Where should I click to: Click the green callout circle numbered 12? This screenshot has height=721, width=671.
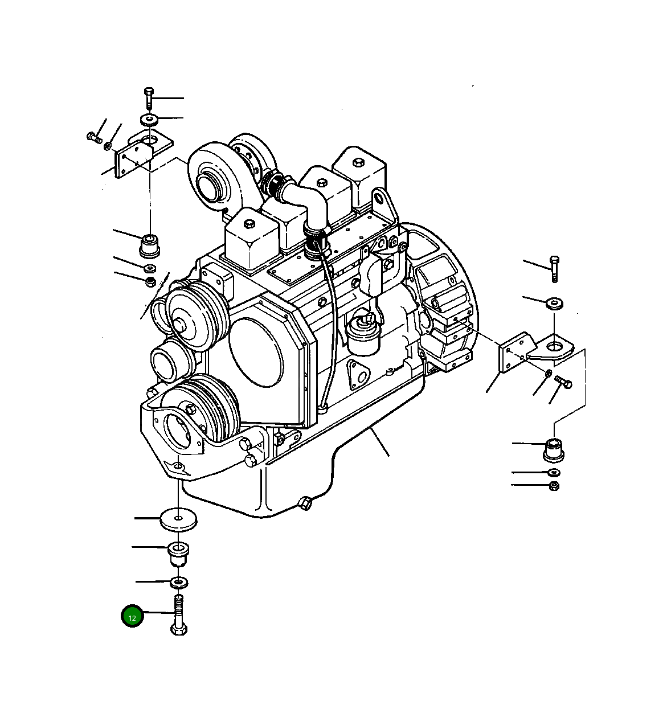[x=132, y=616]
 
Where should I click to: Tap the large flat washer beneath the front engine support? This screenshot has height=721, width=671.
[x=178, y=518]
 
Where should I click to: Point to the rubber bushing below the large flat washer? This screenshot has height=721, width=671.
[x=178, y=553]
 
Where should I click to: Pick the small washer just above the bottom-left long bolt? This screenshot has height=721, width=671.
[x=179, y=582]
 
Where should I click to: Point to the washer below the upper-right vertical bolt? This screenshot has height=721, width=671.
[x=554, y=303]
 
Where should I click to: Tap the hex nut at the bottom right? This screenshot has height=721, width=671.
[x=554, y=486]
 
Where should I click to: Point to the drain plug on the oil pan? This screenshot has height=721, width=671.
[x=305, y=503]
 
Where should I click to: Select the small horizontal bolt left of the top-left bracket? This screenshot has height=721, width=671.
[x=94, y=137]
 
